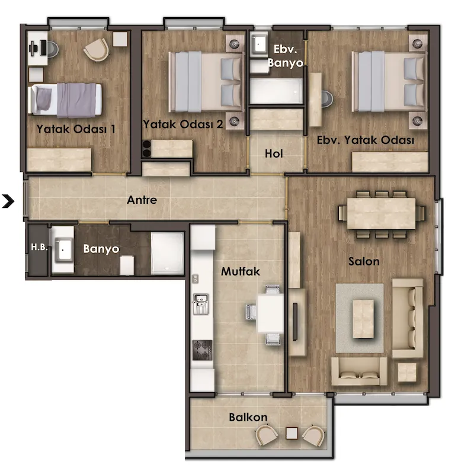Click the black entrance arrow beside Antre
tap(8, 201)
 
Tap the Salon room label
tap(364, 261)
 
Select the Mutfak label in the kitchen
tap(241, 271)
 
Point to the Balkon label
tap(248, 417)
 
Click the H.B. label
tap(39, 247)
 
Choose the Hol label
tap(274, 153)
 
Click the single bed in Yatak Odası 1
tap(65, 100)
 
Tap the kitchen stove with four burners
tap(202, 350)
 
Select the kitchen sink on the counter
tap(200, 304)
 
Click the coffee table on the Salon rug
tap(363, 319)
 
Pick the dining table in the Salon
tap(381, 213)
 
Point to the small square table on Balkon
tap(292, 433)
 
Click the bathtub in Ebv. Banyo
tap(276, 91)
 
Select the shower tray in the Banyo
tap(167, 253)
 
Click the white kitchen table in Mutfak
tap(270, 313)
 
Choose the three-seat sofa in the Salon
tap(408, 318)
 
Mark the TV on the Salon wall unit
tap(295, 321)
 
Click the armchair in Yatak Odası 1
tap(97, 50)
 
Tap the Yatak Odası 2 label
tap(183, 124)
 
